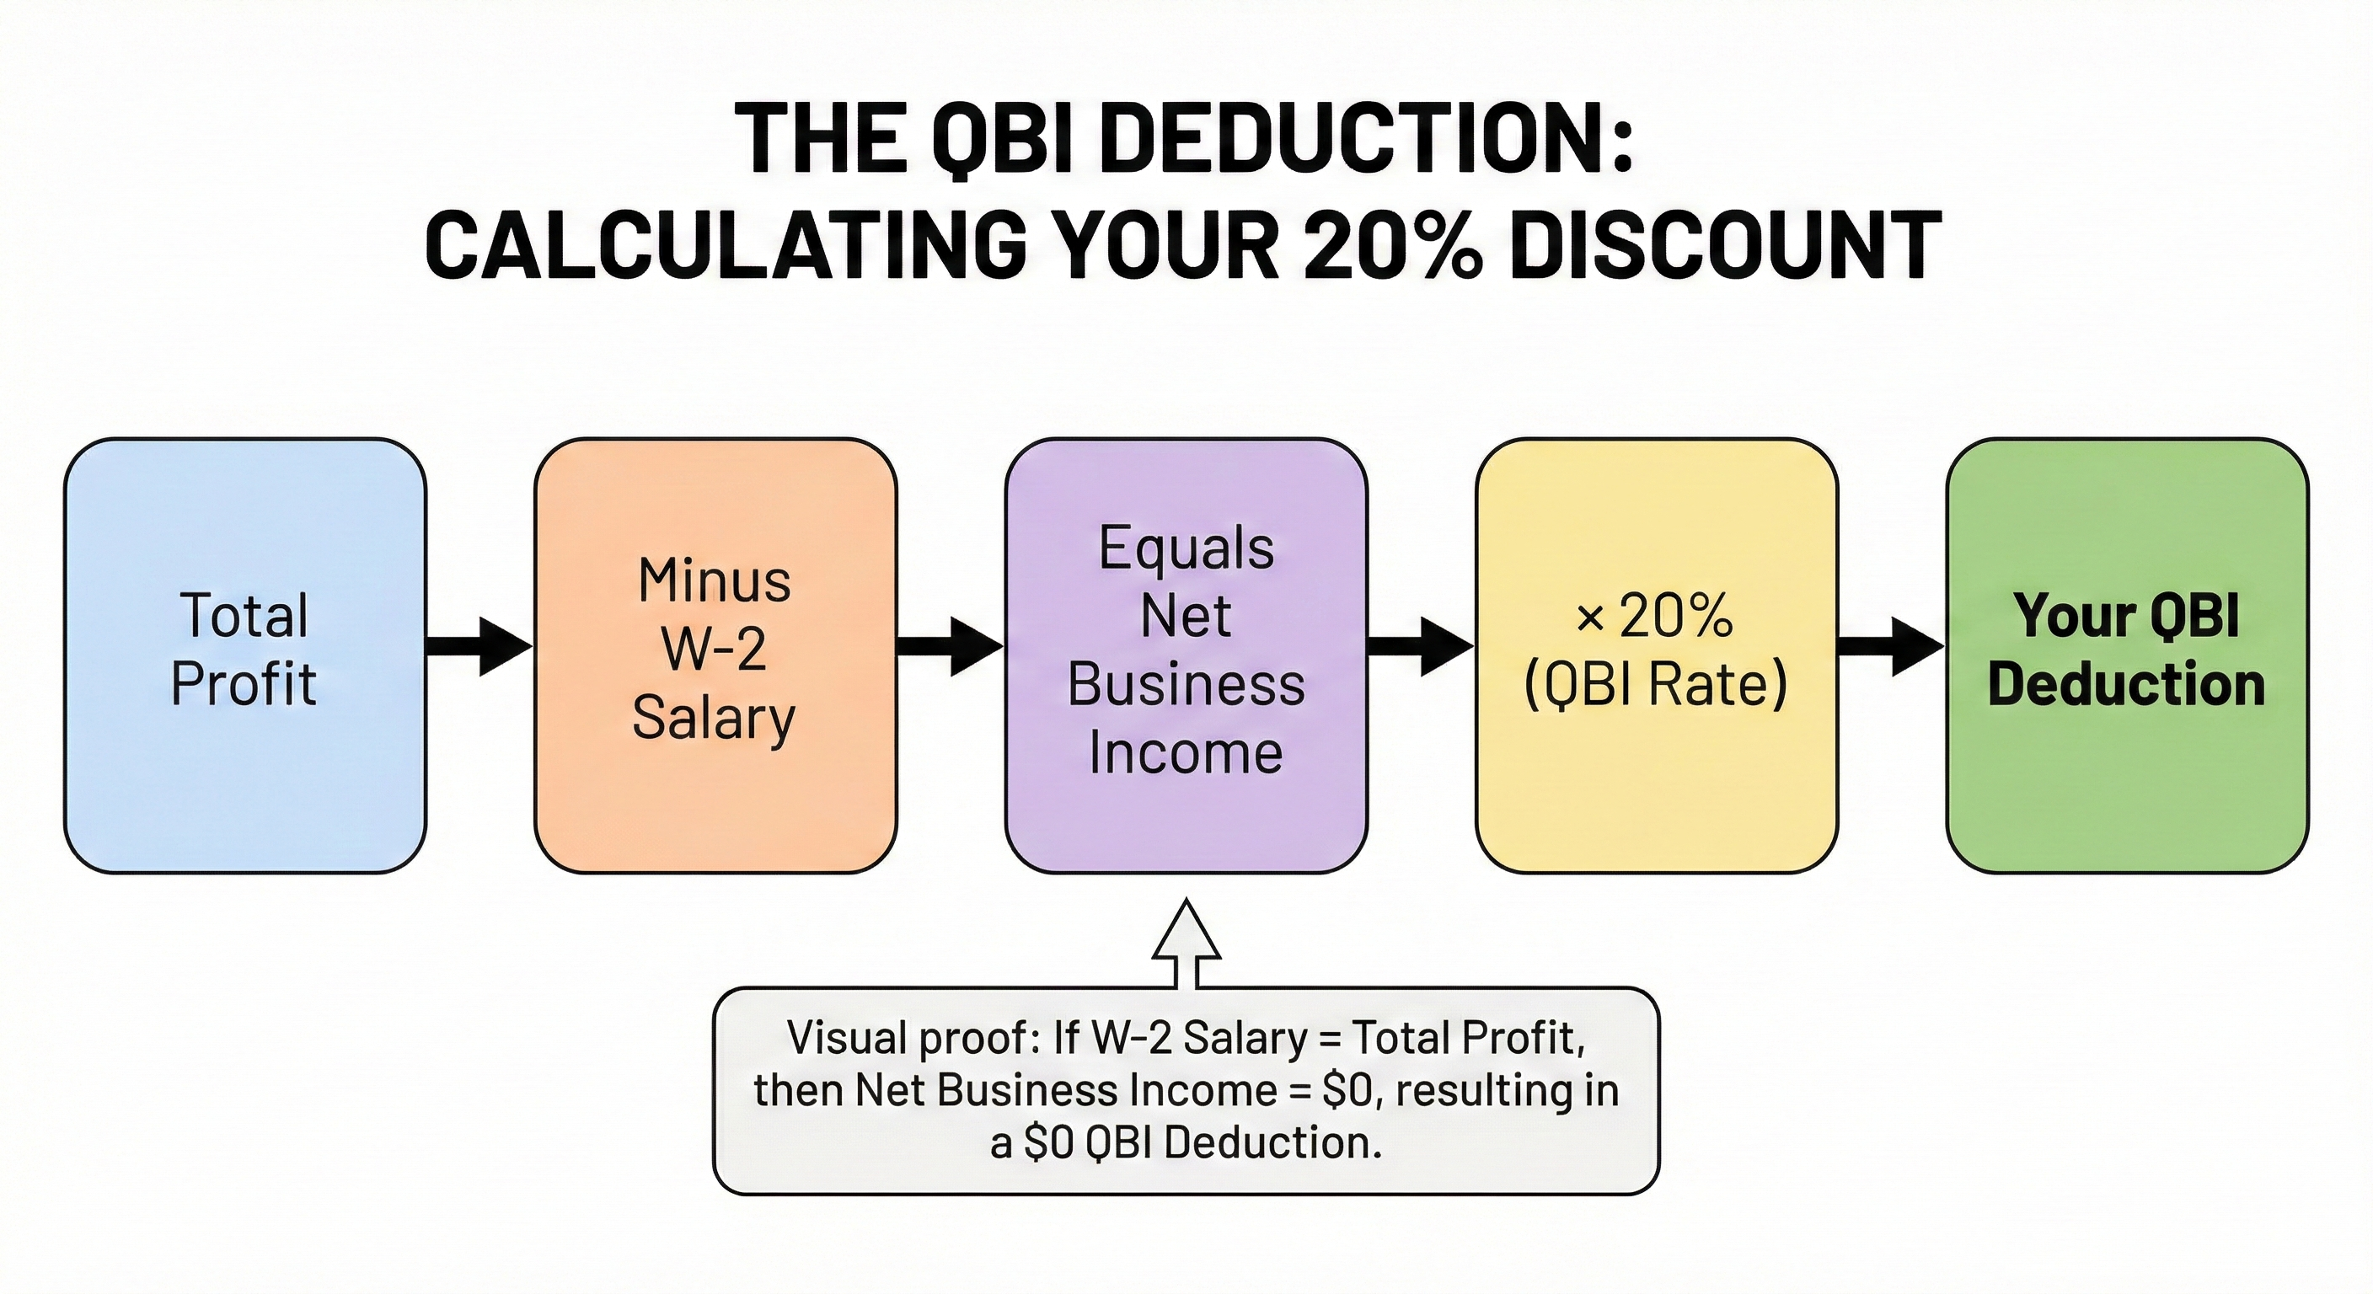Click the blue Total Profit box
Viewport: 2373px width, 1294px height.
245,655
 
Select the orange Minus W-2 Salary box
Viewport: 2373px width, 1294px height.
715,655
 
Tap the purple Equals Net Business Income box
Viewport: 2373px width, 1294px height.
1186,655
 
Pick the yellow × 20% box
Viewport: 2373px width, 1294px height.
1658,655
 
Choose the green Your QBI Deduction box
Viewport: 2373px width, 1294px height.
2128,655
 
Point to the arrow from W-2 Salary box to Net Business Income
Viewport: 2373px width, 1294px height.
951,646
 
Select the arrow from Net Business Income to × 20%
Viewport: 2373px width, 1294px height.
1422,646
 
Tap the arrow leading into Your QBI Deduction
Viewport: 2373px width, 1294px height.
1892,646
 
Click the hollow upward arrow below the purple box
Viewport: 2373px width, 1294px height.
1187,944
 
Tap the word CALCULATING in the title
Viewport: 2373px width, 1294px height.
726,245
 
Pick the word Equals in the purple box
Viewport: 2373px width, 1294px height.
1186,550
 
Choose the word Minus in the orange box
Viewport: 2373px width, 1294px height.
715,581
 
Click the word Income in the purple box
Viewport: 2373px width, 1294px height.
1186,753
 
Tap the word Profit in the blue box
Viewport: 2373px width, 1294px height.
244,685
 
